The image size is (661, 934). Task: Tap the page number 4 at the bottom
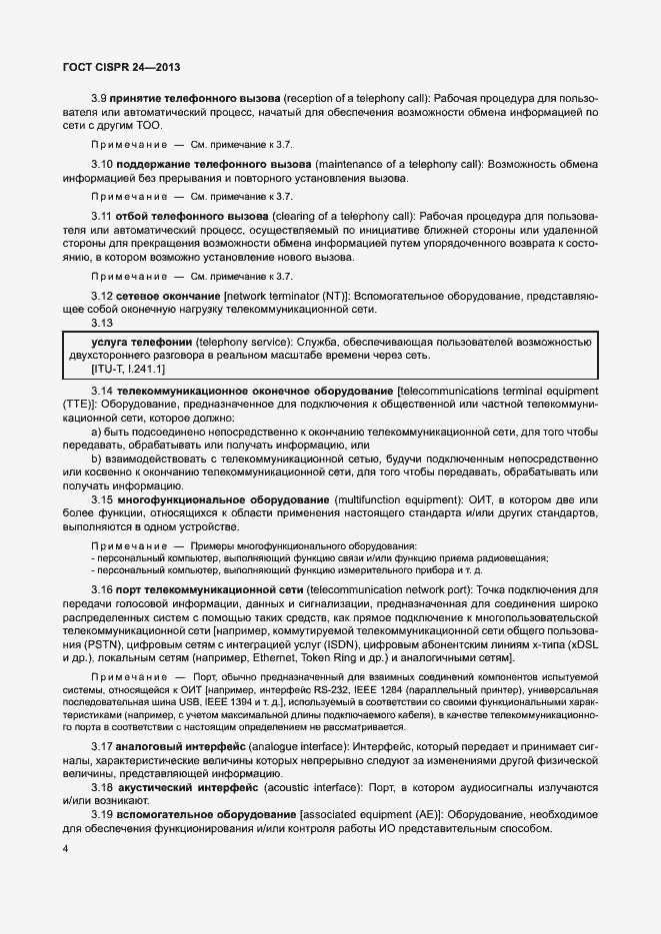(65, 849)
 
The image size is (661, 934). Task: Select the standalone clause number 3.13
(102, 324)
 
